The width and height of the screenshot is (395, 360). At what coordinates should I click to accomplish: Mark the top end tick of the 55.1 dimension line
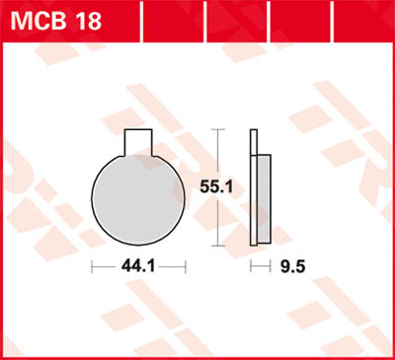pyautogui.click(x=217, y=129)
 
